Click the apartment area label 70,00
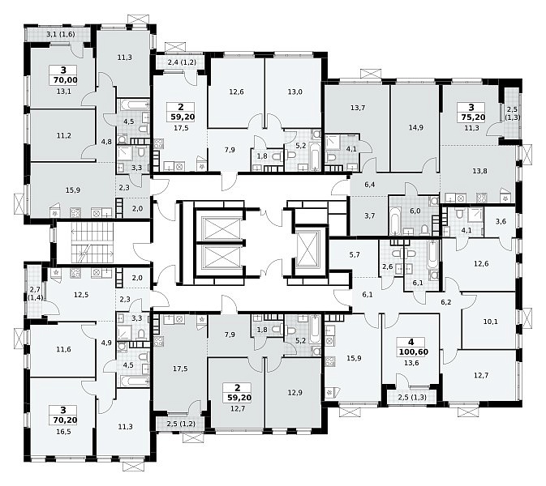(65, 80)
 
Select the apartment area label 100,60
(413, 352)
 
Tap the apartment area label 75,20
(473, 117)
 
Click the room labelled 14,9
(415, 129)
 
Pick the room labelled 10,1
(490, 322)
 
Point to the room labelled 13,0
(294, 92)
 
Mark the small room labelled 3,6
(501, 222)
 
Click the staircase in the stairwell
(92, 243)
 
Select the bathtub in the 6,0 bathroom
(395, 221)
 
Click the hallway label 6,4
(369, 185)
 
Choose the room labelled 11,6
(62, 350)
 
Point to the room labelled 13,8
(479, 172)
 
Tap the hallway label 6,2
(446, 302)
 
